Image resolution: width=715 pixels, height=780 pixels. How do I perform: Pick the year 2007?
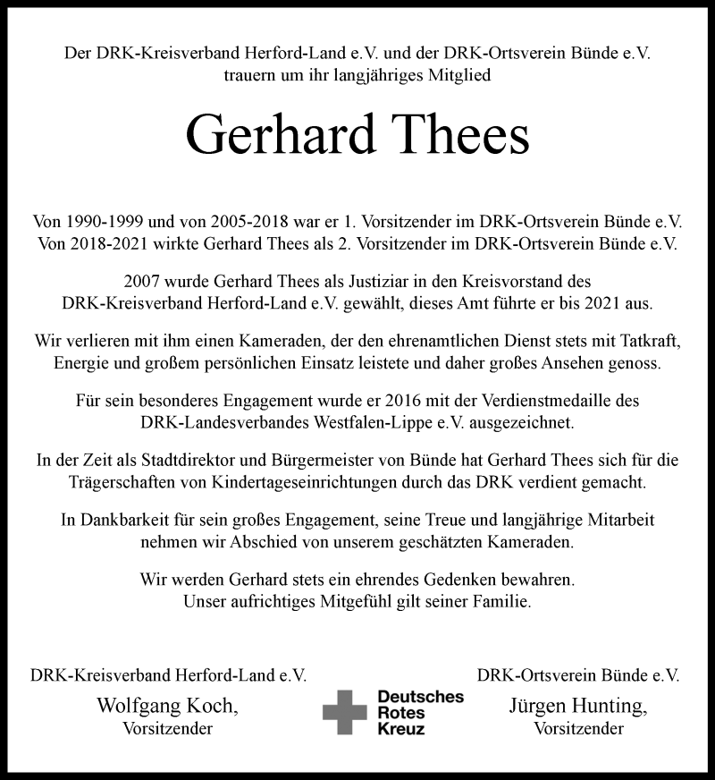click(x=144, y=281)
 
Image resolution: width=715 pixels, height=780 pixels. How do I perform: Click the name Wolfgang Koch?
click(x=167, y=707)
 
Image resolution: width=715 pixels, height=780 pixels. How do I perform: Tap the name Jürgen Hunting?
click(x=577, y=707)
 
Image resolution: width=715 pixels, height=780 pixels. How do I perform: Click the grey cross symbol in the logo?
click(x=344, y=713)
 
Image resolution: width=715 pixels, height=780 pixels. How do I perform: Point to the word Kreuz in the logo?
click(x=400, y=730)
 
